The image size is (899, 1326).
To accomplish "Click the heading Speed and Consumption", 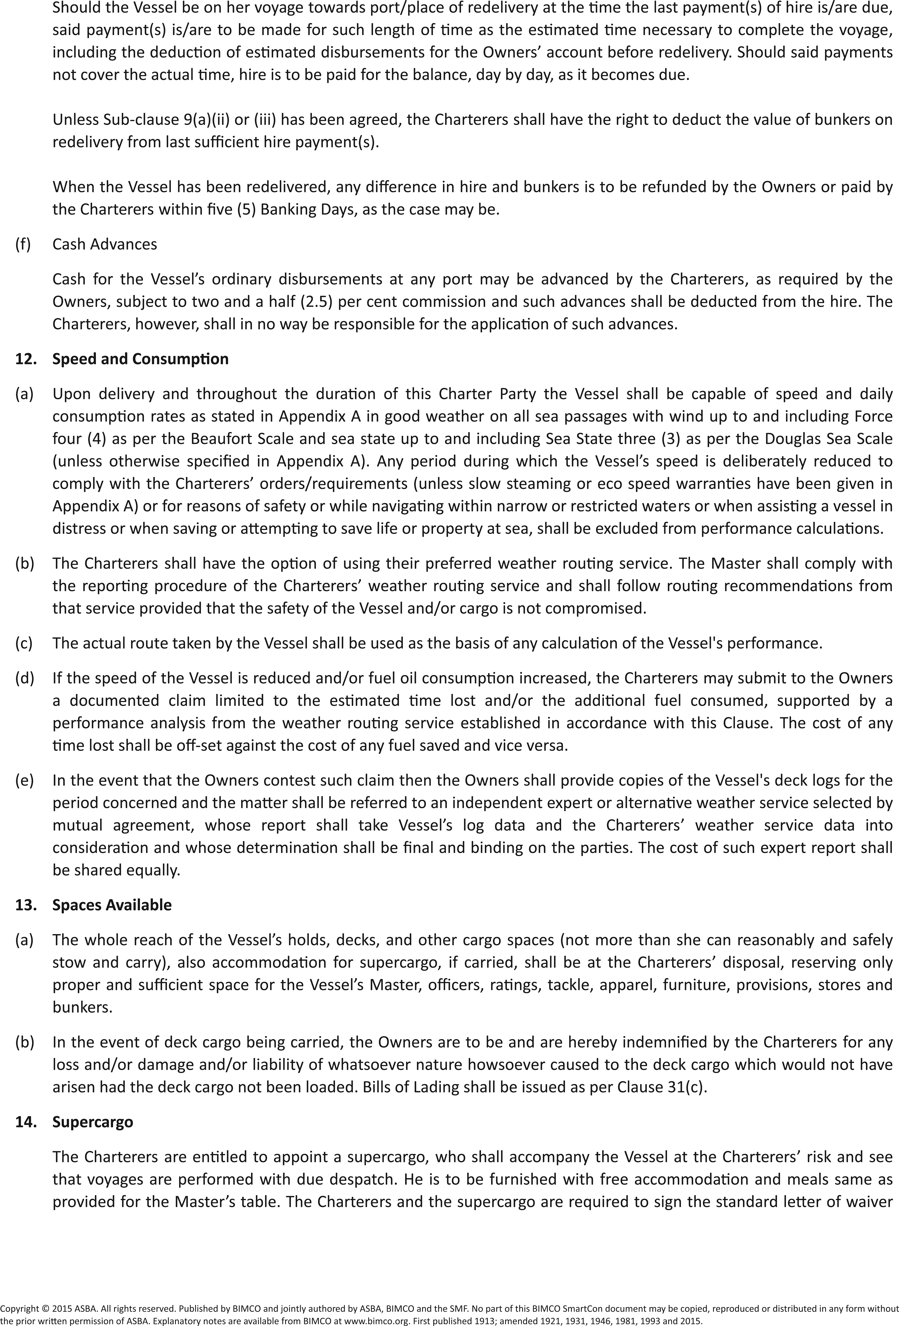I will pyautogui.click(x=140, y=359).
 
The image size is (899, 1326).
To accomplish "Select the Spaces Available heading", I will pyautogui.click(x=112, y=905).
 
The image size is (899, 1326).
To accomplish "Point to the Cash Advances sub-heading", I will pyautogui.click(x=104, y=244).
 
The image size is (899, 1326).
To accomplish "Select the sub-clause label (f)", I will pyautogui.click(x=23, y=244).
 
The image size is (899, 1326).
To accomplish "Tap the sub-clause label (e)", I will pyautogui.click(x=24, y=780).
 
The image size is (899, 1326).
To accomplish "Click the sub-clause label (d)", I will pyautogui.click(x=24, y=678).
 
